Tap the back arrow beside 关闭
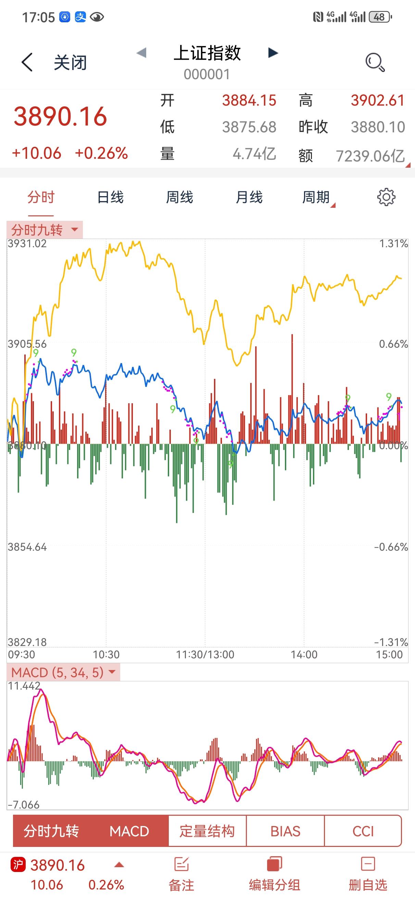click(x=27, y=62)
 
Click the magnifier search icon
click(x=375, y=62)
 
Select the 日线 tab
click(x=110, y=198)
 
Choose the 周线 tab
click(x=179, y=198)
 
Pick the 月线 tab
click(x=249, y=198)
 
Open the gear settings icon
click(x=386, y=198)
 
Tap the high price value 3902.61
click(x=377, y=100)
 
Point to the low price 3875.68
click(x=249, y=127)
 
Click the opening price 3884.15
click(x=249, y=100)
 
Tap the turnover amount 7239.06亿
click(x=370, y=156)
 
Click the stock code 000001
click(x=207, y=74)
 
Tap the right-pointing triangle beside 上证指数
click(x=273, y=53)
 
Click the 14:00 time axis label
click(x=304, y=655)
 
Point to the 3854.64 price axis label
click(x=27, y=547)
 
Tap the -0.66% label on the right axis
click(x=391, y=547)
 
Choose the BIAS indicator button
click(x=285, y=831)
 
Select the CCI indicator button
click(x=363, y=831)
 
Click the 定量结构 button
click(x=207, y=831)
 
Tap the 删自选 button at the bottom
click(x=368, y=874)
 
